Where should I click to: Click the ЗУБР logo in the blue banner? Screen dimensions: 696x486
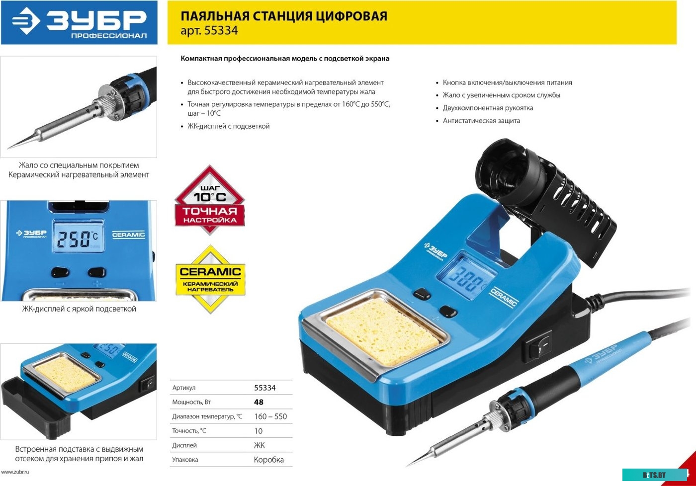point(79,22)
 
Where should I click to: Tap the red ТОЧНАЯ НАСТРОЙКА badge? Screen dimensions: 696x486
point(210,200)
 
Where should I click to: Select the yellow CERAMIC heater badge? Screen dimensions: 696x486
point(210,279)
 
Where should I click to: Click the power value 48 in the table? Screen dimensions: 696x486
point(259,402)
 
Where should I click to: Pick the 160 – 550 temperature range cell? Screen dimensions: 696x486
point(270,416)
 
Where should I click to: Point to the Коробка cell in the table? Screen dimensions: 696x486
point(269,460)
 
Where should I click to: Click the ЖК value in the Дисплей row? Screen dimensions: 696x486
point(260,445)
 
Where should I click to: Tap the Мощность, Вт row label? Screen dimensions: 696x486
point(191,402)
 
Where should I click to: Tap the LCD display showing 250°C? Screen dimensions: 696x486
point(78,237)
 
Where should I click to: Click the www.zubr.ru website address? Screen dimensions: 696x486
point(15,472)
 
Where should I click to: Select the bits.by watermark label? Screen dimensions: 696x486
point(654,475)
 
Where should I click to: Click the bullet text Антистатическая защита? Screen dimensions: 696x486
point(481,120)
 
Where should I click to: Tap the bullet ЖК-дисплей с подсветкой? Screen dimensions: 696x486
point(228,126)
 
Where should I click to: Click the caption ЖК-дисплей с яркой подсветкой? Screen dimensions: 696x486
point(79,309)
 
